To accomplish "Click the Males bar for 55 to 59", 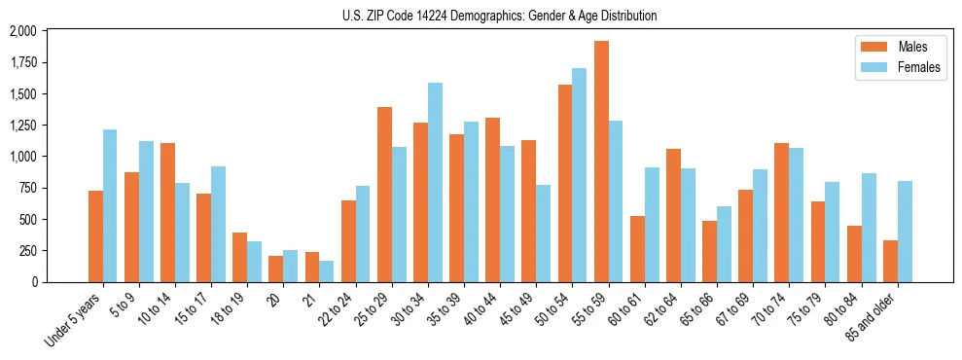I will click(601, 162).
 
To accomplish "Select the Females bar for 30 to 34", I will click(435, 182).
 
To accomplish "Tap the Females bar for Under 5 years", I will click(110, 205).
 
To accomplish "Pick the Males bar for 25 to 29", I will click(384, 195).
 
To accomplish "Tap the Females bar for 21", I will click(327, 271).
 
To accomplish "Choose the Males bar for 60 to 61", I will click(637, 249).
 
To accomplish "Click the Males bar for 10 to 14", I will click(167, 212).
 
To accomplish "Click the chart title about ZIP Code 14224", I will click(499, 16).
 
